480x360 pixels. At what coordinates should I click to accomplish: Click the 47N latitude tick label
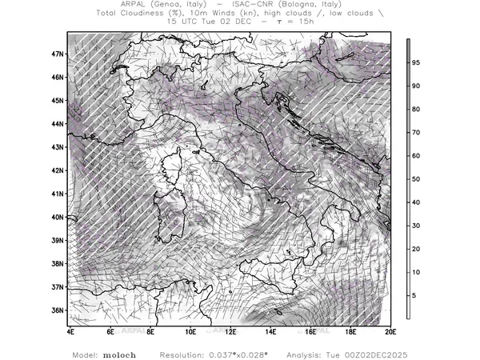[x=58, y=54]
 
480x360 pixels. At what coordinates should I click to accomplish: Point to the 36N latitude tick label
[x=58, y=310]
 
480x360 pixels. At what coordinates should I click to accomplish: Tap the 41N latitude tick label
[x=58, y=194]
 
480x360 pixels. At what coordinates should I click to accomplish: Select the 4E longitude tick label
[x=70, y=330]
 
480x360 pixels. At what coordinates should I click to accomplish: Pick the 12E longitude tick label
[x=230, y=330]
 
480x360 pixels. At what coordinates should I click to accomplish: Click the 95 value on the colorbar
[x=416, y=62]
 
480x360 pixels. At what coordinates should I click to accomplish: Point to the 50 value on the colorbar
[x=416, y=179]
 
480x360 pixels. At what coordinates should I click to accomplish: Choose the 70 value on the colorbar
[x=416, y=132]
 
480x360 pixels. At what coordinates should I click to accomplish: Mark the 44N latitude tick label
[x=58, y=124]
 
